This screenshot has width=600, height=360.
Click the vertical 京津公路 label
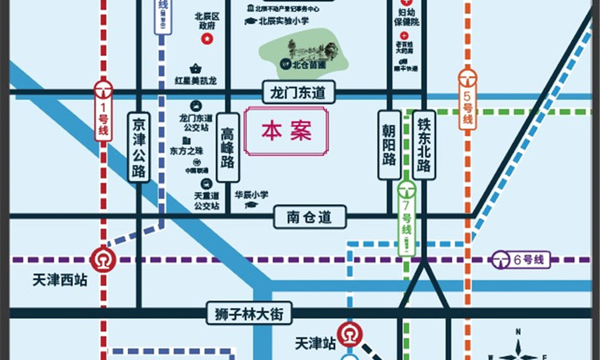(x=139, y=147)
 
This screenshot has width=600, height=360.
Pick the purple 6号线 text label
(x=528, y=259)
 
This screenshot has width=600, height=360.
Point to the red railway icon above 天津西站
(x=102, y=260)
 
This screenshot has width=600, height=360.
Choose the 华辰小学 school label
(x=250, y=194)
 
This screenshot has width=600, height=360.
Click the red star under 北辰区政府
(x=207, y=38)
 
